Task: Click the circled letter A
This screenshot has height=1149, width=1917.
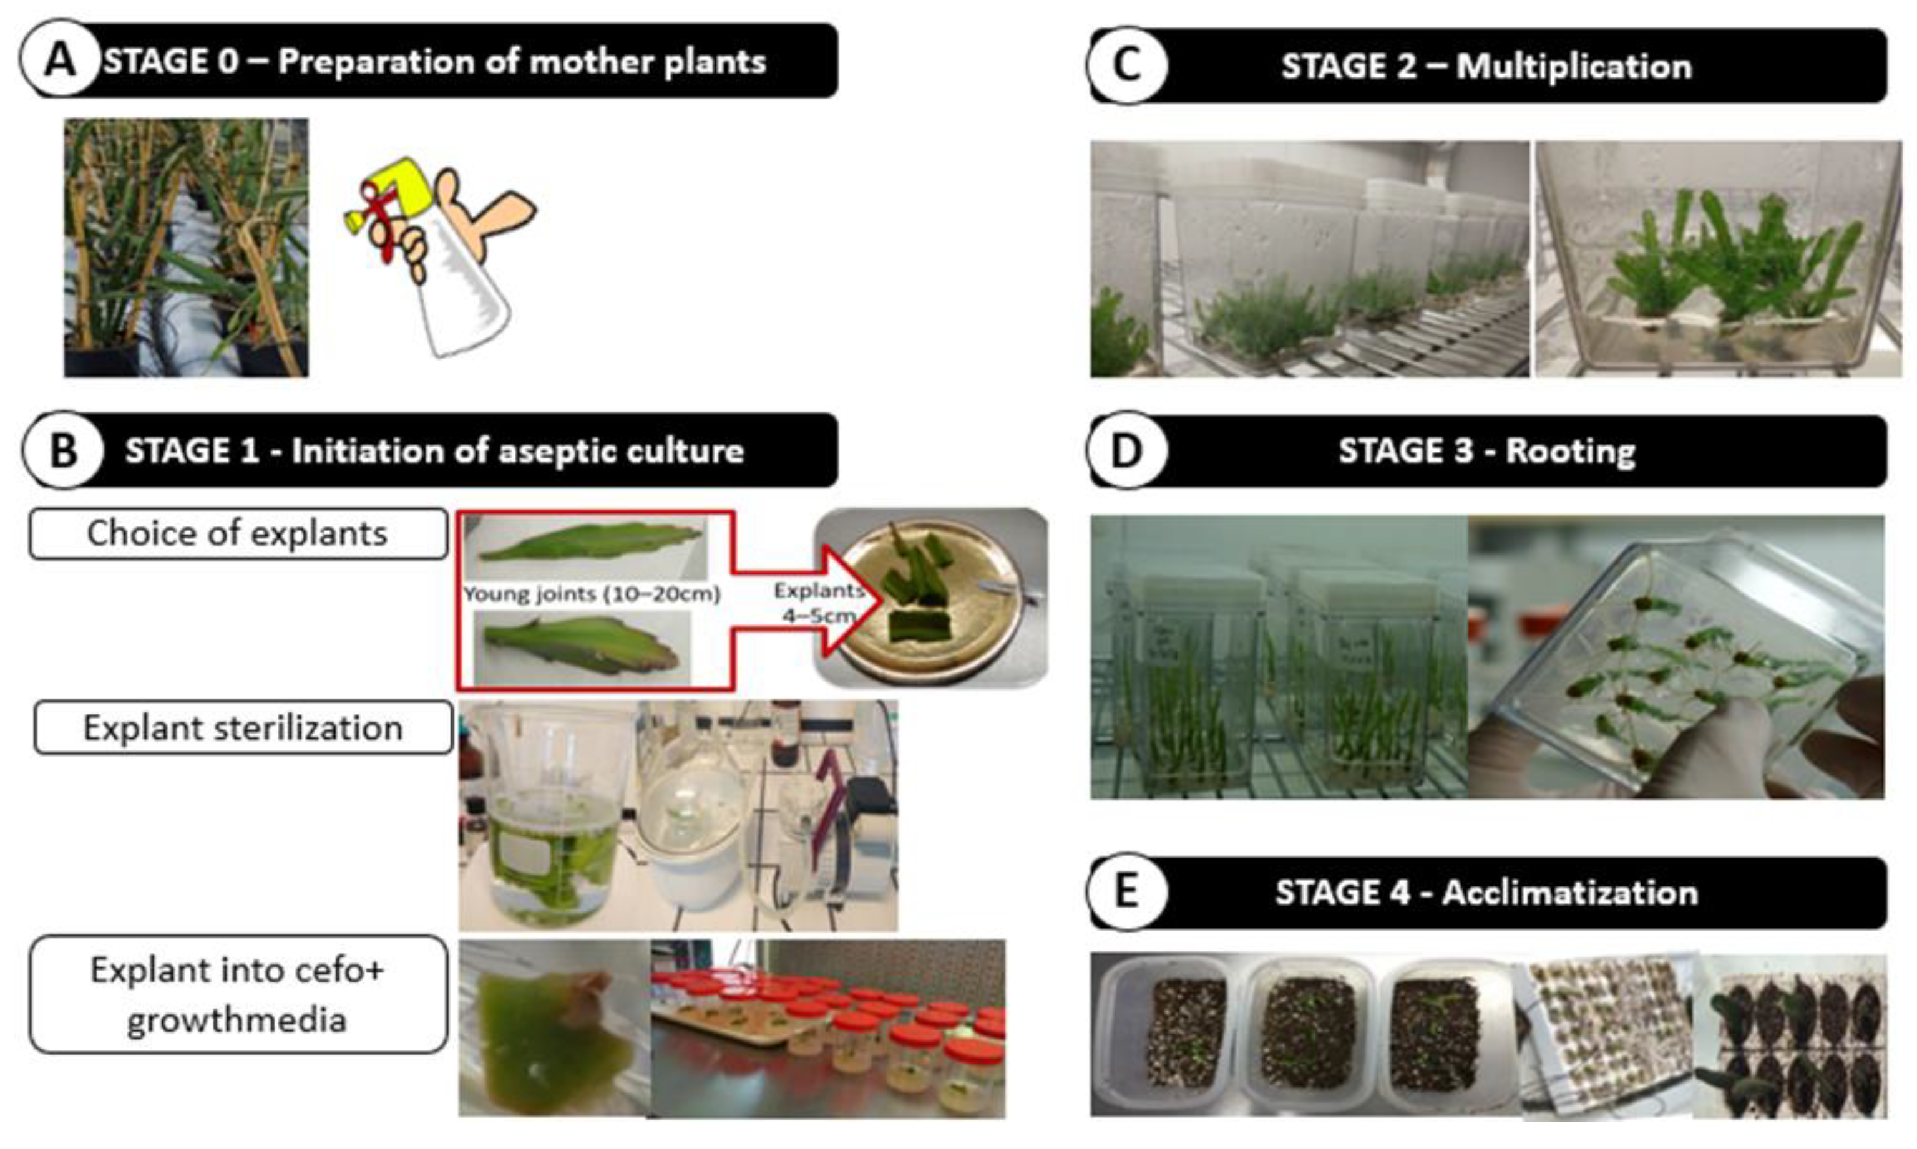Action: click(60, 60)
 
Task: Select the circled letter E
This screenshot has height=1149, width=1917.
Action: click(1127, 892)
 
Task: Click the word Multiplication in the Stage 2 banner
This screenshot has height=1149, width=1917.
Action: click(1574, 67)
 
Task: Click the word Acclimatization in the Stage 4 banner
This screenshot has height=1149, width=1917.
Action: click(1570, 893)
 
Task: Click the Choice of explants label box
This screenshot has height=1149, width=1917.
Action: click(238, 533)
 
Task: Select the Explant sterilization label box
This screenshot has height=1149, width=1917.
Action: click(242, 728)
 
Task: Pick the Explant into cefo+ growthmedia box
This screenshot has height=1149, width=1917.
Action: click(238, 994)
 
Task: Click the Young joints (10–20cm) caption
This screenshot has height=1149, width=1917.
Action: click(592, 594)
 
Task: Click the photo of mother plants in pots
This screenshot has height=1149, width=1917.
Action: click(186, 248)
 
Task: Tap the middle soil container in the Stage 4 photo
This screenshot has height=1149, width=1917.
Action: click(1309, 1034)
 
